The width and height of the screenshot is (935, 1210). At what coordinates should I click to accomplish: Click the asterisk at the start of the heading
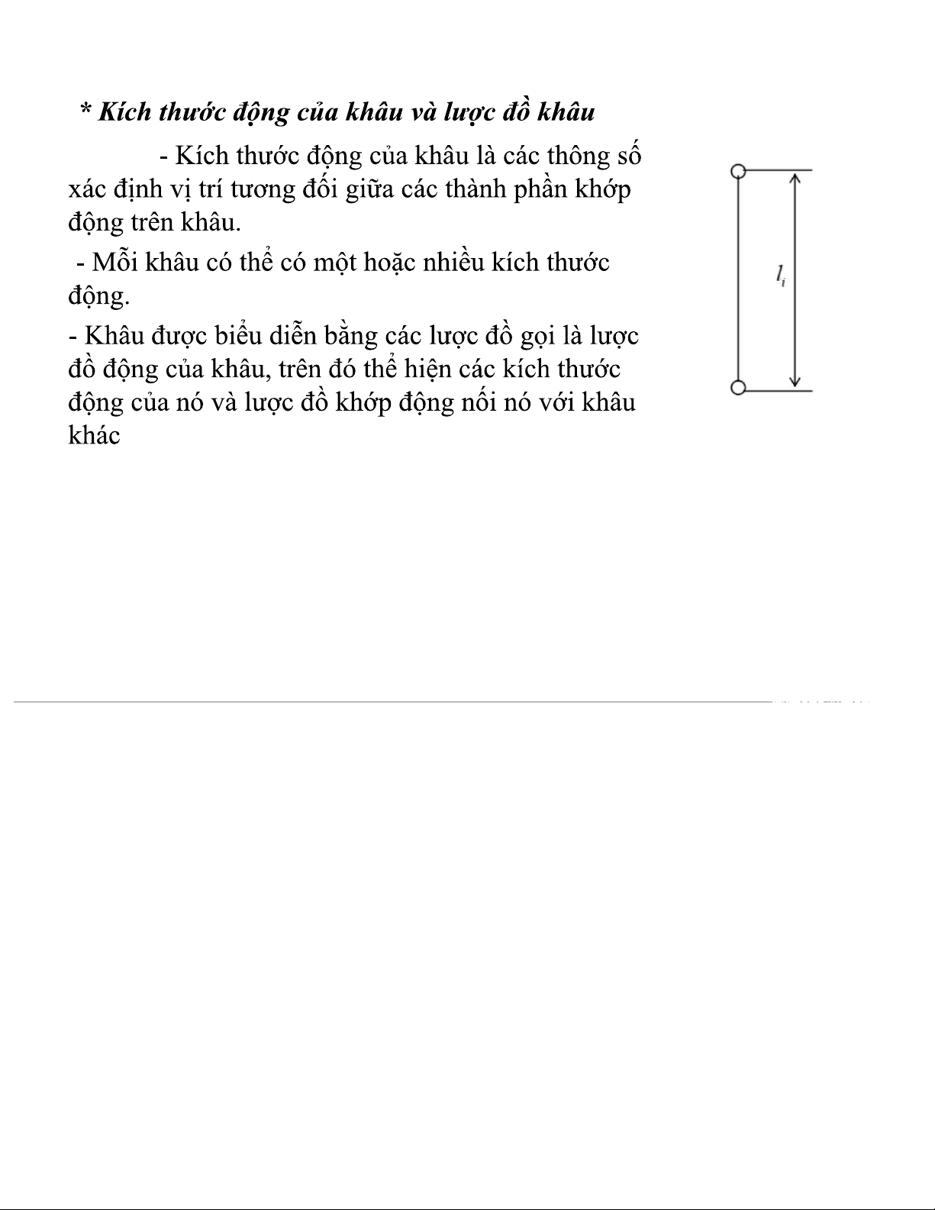coord(85,110)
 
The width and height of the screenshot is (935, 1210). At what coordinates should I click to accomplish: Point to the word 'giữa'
coord(369,189)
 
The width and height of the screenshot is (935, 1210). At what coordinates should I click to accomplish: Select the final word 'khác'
coord(94,436)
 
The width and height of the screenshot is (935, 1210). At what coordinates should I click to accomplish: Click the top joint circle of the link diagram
coord(737,171)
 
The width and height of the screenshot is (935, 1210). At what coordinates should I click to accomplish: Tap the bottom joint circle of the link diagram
coord(737,388)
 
